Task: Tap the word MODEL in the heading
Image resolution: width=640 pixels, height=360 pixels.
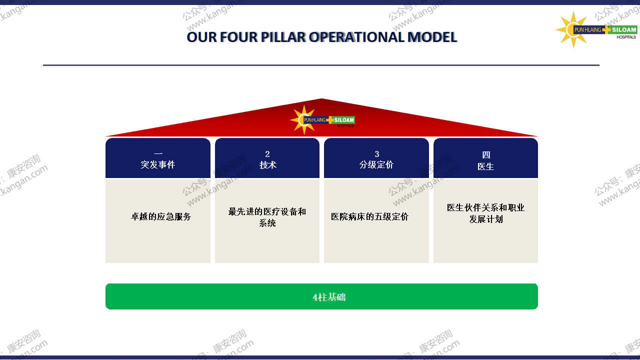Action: [x=432, y=37]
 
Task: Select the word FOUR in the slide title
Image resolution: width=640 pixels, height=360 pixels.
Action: [x=238, y=37]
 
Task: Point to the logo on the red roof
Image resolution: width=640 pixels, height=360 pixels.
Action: [x=322, y=120]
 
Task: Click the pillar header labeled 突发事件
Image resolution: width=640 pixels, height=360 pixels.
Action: [x=157, y=164]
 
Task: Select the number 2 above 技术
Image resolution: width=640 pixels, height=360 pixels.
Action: [x=267, y=154]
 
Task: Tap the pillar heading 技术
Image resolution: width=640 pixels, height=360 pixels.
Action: [x=267, y=165]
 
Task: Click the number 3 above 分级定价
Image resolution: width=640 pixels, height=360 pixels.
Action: [x=377, y=154]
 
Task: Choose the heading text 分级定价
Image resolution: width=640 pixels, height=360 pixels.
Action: [x=376, y=164]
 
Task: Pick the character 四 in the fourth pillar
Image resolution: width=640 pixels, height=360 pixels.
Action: [x=486, y=155]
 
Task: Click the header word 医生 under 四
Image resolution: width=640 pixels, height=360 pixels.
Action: [x=485, y=166]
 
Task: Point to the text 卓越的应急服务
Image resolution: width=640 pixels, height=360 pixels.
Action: [x=161, y=216]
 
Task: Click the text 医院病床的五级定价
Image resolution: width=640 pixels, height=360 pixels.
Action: [x=369, y=216]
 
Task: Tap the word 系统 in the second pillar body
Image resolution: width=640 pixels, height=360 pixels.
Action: [x=267, y=223]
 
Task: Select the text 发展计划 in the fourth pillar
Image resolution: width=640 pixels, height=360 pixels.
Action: [x=486, y=219]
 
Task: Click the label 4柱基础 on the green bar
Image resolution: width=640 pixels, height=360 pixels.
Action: [x=329, y=297]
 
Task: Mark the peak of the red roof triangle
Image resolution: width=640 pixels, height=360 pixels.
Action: [x=321, y=98]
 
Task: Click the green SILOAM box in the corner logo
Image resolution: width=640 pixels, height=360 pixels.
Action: [x=623, y=29]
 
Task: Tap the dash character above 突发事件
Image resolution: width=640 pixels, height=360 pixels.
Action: [x=158, y=154]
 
